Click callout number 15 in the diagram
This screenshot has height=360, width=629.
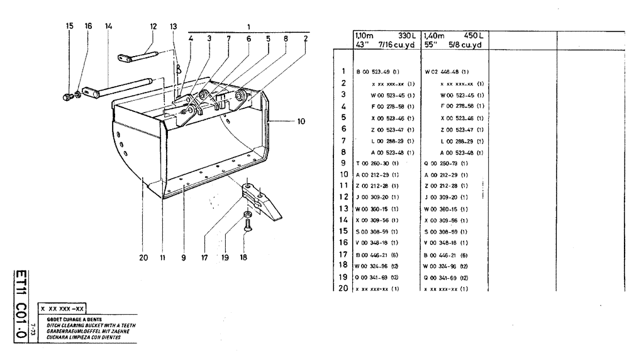[x=69, y=26]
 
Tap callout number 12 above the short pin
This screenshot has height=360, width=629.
[x=153, y=26]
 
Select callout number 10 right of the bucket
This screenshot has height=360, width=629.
[x=301, y=121]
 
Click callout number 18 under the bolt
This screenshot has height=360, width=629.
[x=245, y=257]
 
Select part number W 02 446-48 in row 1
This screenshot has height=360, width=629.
[x=447, y=72]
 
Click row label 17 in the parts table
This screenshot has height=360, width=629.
[x=343, y=254]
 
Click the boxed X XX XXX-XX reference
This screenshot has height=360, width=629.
[x=62, y=309]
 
